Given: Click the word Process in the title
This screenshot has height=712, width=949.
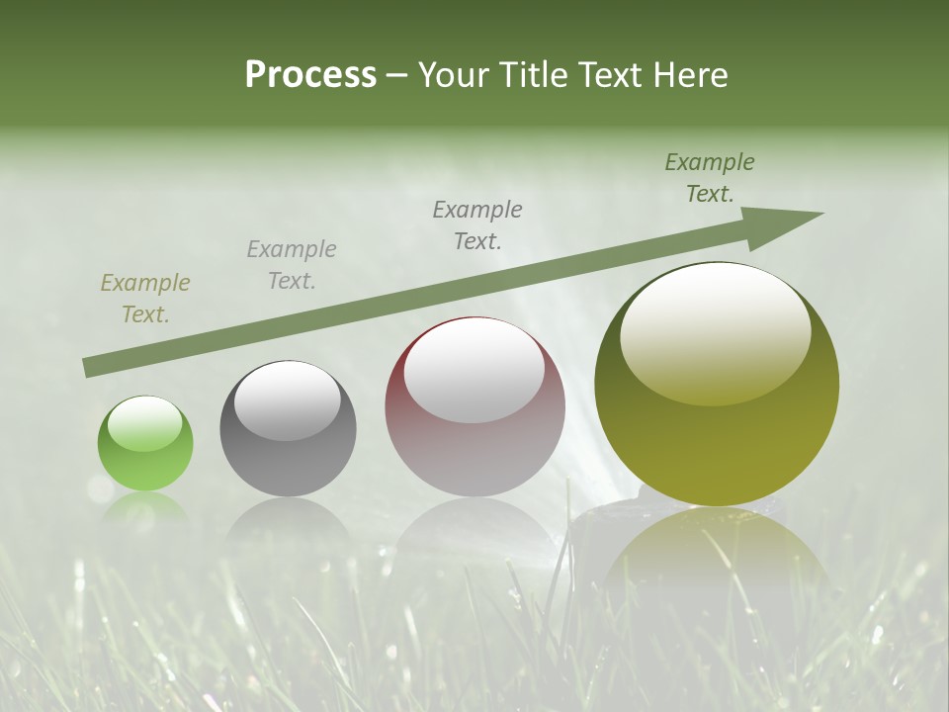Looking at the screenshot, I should (310, 75).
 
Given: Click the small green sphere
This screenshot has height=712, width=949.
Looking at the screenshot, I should (145, 444).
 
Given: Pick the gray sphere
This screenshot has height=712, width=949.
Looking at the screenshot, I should (288, 428).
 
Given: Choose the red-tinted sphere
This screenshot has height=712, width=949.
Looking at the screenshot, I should (474, 407).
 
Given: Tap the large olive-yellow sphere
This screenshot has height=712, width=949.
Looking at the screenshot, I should (717, 386).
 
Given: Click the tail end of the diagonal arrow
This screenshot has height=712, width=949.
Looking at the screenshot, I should (89, 368).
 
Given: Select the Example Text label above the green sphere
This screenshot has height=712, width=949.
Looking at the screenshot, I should (144, 299).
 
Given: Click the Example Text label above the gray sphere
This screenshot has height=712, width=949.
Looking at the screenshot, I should (291, 265).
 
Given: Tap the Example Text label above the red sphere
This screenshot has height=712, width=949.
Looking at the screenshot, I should (477, 225).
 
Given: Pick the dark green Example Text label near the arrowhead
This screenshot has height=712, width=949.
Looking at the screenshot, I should (709, 178).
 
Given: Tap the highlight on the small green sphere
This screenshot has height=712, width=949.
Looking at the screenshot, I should (144, 424).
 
